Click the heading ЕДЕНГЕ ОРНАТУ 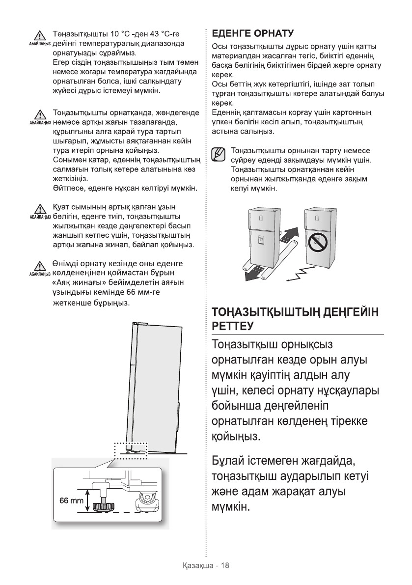coord(252,33)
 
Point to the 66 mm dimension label coord(72,501)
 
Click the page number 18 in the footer coord(225,565)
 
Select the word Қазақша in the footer coord(196,565)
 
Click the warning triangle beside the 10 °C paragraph coord(38,36)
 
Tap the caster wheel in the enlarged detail coord(148,501)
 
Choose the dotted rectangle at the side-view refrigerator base coord(130,448)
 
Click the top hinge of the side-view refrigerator coord(140,324)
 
